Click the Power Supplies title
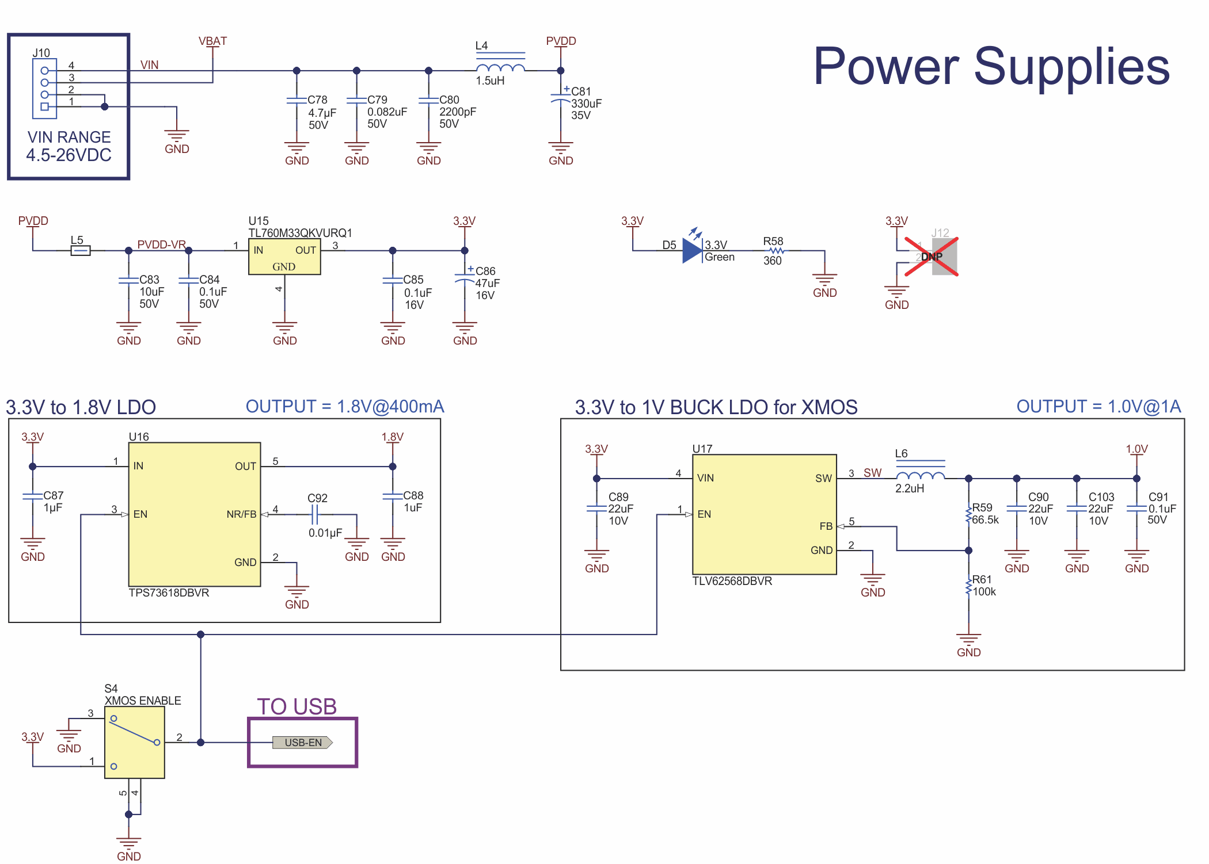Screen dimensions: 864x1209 click(991, 67)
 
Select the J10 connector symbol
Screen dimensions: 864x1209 click(45, 89)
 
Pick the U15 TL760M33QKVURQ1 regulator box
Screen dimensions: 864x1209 click(284, 257)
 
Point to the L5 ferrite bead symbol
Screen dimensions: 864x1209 click(81, 250)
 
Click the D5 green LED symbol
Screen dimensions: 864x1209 click(692, 251)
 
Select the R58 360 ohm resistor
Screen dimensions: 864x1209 click(777, 251)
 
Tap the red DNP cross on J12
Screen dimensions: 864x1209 click(932, 257)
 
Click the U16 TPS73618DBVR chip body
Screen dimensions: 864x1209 click(195, 514)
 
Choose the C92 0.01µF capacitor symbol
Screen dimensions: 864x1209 click(314, 514)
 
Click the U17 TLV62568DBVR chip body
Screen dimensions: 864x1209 click(764, 514)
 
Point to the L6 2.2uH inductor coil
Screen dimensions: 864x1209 click(920, 475)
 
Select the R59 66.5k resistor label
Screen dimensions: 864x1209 click(984, 514)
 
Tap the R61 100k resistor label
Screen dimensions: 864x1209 click(983, 586)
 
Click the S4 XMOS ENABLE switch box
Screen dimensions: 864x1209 click(135, 742)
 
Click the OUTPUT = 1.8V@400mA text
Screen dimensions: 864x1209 click(345, 407)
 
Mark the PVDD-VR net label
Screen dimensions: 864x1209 click(161, 244)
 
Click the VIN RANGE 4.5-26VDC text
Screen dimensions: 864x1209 click(69, 146)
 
